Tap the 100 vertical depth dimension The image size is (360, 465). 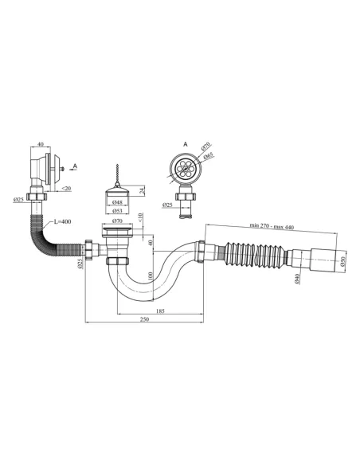pos(150,275)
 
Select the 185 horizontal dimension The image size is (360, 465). pos(160,310)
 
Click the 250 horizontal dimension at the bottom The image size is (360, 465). pos(143,320)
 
